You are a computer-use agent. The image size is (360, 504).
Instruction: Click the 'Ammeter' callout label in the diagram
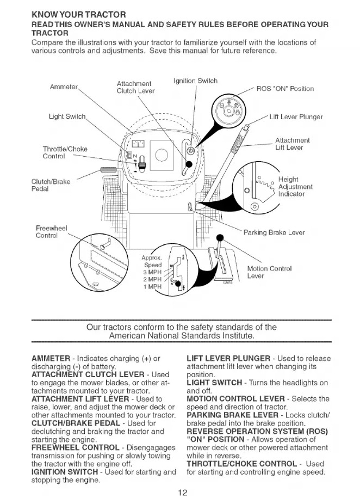(64, 87)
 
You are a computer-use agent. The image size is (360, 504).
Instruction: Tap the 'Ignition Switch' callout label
(195, 81)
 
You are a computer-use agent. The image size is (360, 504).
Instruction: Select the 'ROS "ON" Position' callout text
(285, 89)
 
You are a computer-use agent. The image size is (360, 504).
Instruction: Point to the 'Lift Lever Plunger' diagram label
(296, 117)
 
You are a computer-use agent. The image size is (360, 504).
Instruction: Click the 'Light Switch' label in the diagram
(67, 116)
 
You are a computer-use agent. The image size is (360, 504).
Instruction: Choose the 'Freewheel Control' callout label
(51, 232)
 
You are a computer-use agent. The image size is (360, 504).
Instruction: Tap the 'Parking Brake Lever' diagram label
(274, 232)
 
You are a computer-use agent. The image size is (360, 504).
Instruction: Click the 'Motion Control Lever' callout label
(269, 272)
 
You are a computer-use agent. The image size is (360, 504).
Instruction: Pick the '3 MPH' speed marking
(152, 272)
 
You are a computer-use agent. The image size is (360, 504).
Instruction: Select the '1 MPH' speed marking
(152, 286)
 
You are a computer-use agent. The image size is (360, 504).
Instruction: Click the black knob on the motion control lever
(220, 238)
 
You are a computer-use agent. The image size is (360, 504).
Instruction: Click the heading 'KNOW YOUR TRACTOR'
(79, 15)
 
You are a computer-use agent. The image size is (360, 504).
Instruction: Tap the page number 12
(182, 493)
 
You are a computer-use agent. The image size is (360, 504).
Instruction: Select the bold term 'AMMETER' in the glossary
(51, 358)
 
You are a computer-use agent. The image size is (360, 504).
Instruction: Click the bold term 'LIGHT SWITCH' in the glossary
(214, 383)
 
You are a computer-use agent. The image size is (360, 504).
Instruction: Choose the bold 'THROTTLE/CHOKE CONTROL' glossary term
(241, 464)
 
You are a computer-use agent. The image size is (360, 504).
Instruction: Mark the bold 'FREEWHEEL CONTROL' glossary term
(76, 447)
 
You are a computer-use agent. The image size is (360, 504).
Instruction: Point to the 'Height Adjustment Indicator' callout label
(295, 187)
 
